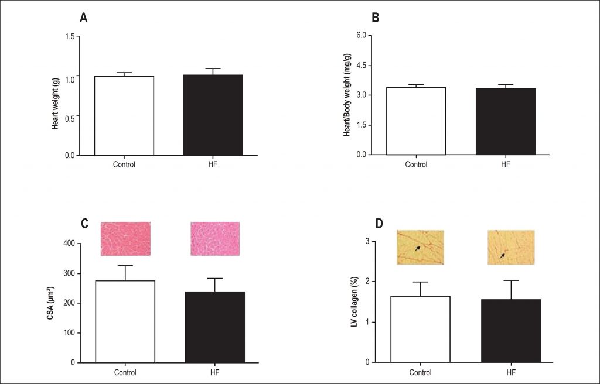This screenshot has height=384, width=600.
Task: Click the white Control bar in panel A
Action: (124, 115)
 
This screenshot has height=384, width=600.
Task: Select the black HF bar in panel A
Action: (213, 115)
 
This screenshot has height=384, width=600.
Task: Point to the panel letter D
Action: (379, 224)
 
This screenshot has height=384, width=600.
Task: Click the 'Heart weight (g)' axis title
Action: (55, 97)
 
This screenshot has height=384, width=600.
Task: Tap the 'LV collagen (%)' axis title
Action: (354, 302)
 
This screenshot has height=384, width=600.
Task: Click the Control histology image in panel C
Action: (125, 238)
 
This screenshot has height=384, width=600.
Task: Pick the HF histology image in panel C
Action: (215, 238)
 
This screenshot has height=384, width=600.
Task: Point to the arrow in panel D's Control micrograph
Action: (417, 248)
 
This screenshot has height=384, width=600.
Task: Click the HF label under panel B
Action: (506, 164)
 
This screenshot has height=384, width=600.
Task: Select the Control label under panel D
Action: (420, 372)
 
